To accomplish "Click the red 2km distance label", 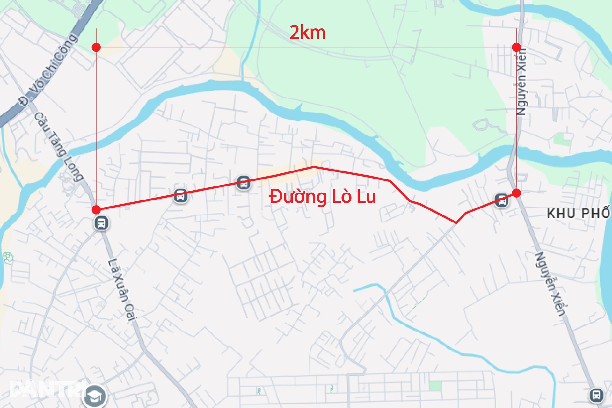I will pos(308,33).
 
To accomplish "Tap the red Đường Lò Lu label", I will pos(323,196).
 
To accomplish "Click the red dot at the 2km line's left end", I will pos(96,47).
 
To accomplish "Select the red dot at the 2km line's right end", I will pos(516,47).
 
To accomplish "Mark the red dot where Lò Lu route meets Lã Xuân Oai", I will pos(96,209).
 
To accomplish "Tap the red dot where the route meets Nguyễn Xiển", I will pos(517,193).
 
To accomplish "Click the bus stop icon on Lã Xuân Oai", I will pos(101,223).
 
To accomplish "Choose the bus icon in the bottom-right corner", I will pos(596,395).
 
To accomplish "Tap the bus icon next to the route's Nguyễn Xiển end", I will pos(502,201).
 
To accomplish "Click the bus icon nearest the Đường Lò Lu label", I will pos(244,183).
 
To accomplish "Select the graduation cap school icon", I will pos(95,396).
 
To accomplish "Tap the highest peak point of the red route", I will pos(314,167).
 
